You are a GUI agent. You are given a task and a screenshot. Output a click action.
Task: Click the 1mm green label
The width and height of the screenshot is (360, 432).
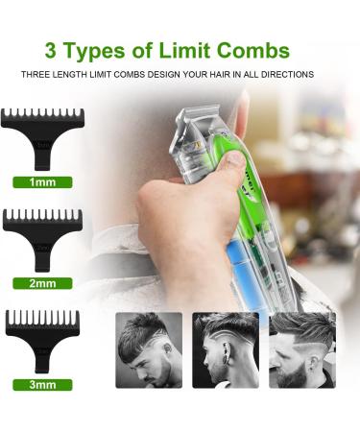point(41,180)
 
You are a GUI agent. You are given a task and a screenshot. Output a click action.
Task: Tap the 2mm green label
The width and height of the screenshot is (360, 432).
point(41,283)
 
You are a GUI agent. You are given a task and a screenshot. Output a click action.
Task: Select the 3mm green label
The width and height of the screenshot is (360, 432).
point(41,385)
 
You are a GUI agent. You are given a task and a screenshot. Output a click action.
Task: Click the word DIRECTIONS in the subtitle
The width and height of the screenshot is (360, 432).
point(286,74)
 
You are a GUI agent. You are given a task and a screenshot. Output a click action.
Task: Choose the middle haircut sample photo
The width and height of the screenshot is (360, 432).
point(226,348)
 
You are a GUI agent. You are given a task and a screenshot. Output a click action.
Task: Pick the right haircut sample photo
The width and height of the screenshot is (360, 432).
point(302,348)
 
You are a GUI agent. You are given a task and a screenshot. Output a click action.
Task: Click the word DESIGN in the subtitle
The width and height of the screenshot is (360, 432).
point(146,74)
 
